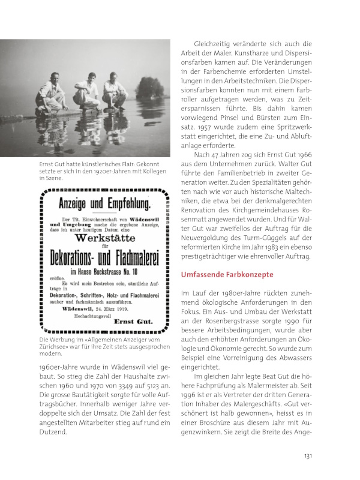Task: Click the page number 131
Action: [307, 456]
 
